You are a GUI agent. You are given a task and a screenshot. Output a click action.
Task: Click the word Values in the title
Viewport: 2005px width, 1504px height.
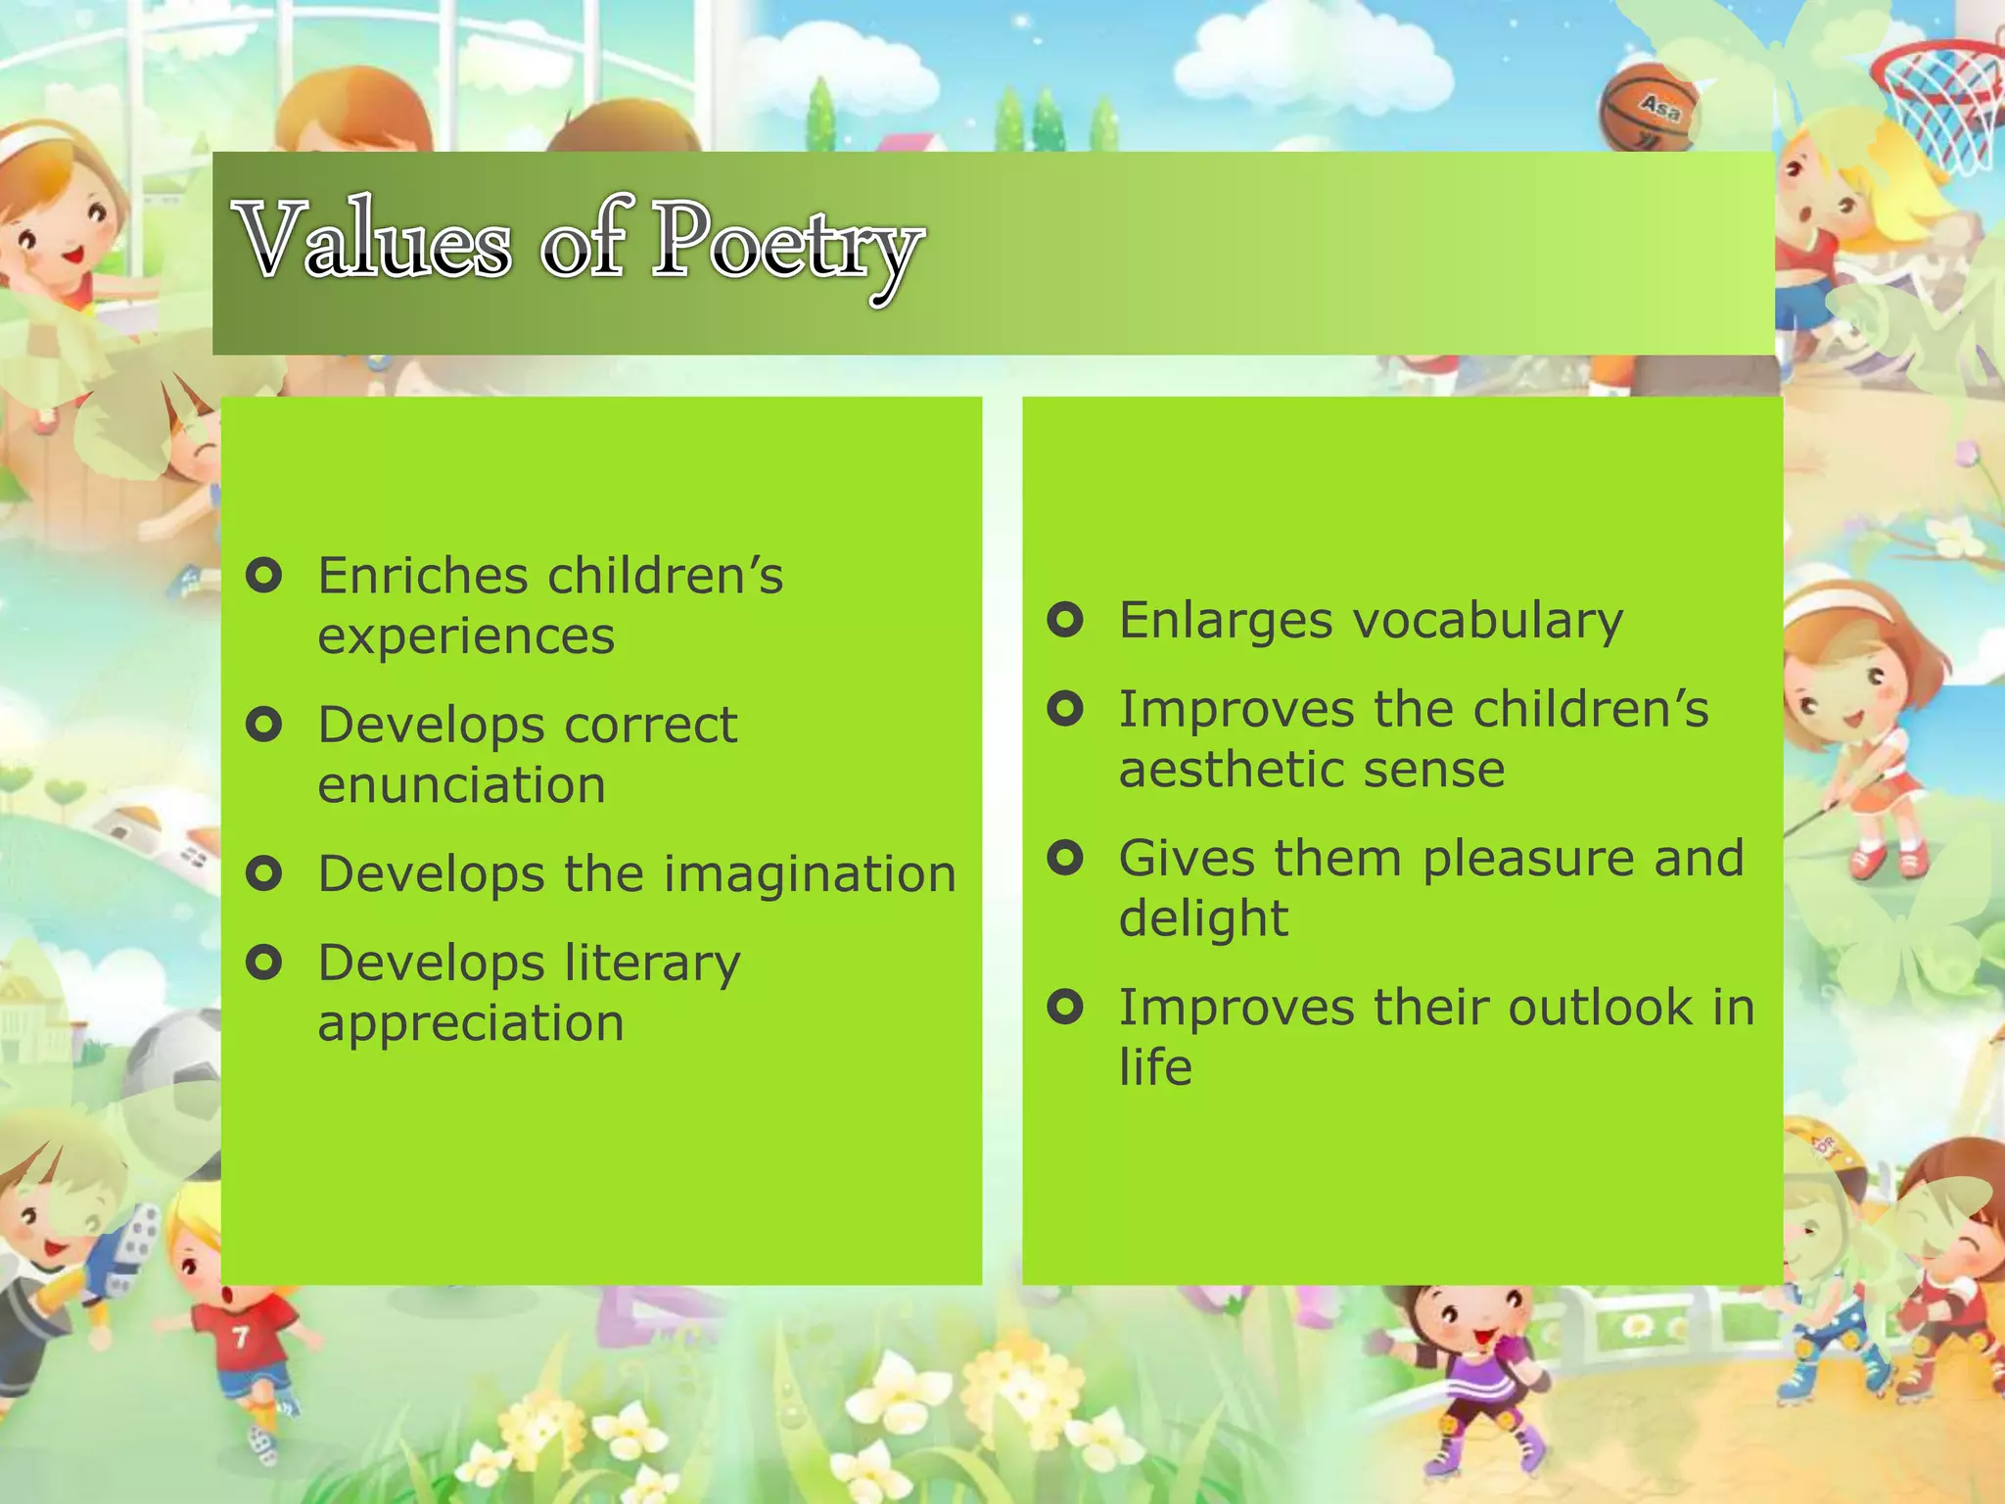pos(374,241)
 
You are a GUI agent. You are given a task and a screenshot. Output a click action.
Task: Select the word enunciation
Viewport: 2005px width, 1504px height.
pos(461,785)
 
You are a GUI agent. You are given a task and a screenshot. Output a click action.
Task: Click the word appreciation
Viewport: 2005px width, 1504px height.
pos(471,1024)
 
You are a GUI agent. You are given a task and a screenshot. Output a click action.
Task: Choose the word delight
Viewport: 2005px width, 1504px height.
pos(1203,918)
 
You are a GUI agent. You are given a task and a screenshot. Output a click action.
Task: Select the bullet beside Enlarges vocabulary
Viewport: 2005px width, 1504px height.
pos(1065,619)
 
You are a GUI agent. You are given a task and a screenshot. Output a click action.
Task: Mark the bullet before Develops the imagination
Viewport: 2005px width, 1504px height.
pos(264,872)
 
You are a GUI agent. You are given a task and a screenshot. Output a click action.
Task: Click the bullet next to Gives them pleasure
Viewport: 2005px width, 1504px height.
pos(1065,858)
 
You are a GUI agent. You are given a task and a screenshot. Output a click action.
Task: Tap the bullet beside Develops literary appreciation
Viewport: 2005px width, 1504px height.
pos(264,962)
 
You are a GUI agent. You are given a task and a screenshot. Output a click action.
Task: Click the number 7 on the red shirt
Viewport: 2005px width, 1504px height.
pos(240,1338)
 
